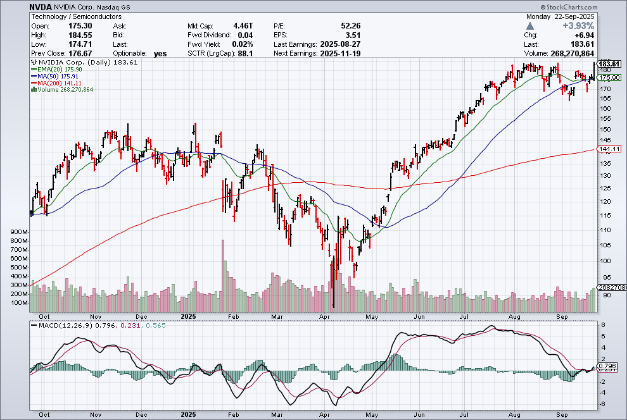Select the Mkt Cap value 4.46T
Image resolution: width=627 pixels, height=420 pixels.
(243, 25)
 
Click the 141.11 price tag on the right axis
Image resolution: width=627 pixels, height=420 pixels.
(609, 149)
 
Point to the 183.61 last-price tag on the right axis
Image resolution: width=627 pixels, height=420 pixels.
(609, 64)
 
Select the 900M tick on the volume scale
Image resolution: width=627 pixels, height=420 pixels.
(20, 233)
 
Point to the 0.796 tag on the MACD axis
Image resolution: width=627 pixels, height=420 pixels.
(606, 366)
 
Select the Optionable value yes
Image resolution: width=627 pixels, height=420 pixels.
(160, 54)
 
